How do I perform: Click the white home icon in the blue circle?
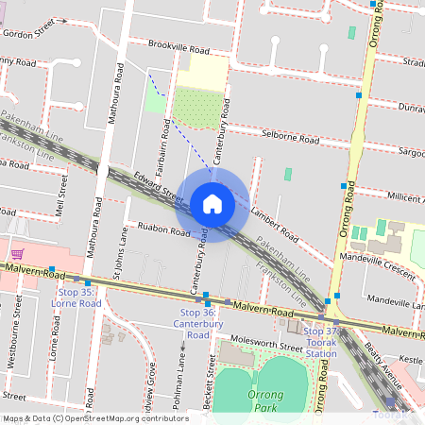212,203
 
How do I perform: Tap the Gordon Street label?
29,32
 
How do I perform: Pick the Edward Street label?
158,184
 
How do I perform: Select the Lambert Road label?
268,210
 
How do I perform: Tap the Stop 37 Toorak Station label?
320,342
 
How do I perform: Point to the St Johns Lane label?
119,249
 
